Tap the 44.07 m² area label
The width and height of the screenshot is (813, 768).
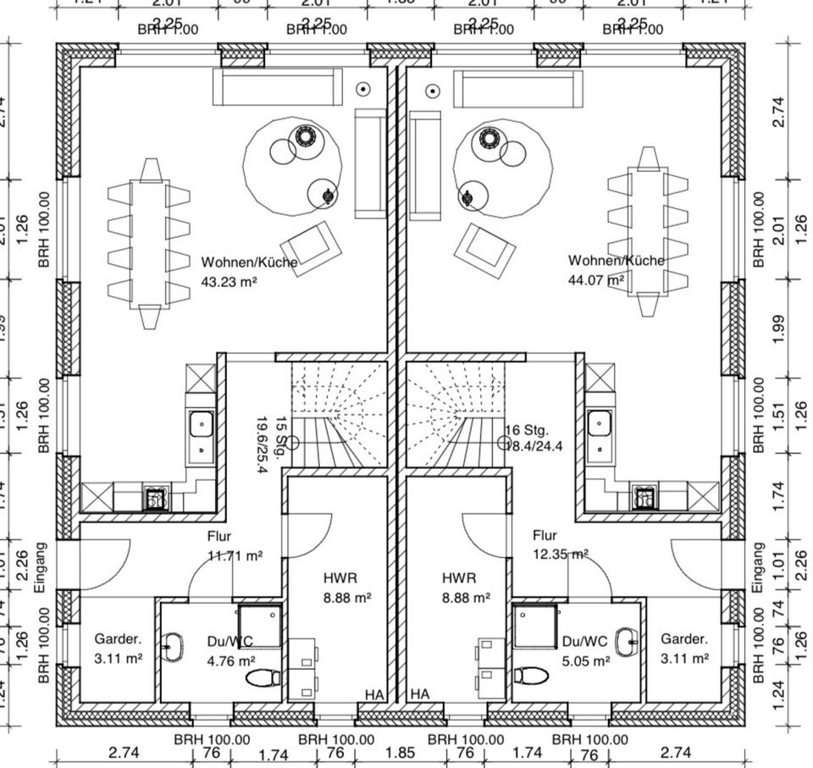click(x=596, y=279)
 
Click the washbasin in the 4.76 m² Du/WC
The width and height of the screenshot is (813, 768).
click(x=172, y=647)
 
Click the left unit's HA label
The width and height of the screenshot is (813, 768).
click(x=374, y=694)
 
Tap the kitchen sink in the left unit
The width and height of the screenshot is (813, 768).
click(x=202, y=422)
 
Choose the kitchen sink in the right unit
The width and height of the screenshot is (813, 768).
click(x=600, y=421)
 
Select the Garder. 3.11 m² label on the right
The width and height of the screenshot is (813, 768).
click(x=684, y=648)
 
